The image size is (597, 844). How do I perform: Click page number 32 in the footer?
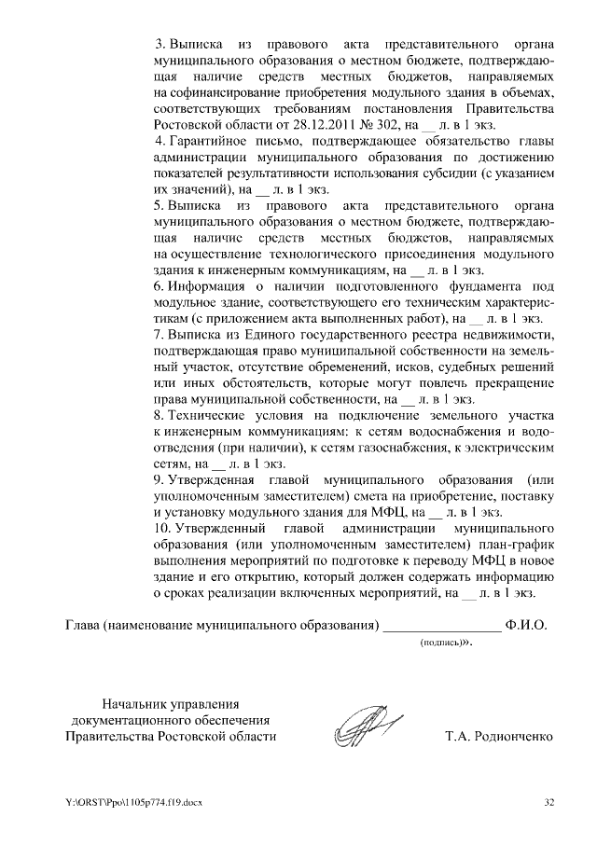tap(549, 802)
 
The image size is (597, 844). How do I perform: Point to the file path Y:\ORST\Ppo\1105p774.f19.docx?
tap(134, 802)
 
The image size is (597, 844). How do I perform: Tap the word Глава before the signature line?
tap(81, 624)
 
